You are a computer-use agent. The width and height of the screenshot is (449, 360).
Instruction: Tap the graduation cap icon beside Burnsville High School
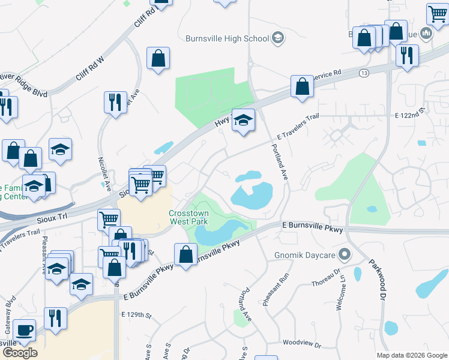277,39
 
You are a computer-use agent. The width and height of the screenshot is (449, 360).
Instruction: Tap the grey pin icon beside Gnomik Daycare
344,255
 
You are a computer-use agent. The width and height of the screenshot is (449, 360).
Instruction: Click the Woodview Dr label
302,345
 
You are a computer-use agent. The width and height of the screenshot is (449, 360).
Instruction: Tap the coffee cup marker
24,329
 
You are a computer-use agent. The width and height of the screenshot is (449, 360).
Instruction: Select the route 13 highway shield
364,73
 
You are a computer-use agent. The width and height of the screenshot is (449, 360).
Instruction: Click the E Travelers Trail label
295,127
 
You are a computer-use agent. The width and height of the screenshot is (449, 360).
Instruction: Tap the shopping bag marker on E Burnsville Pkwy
185,254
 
